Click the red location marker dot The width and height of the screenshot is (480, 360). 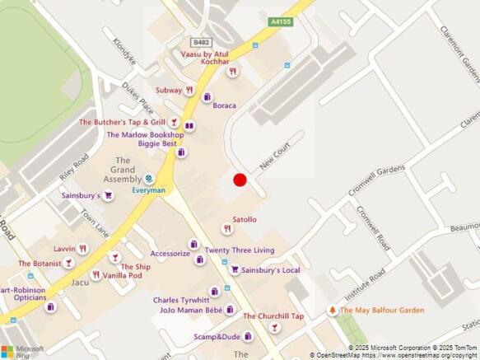click(240, 180)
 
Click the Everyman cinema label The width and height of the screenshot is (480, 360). click(149, 190)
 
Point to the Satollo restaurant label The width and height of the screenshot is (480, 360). click(245, 219)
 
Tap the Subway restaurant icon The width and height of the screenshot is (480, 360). click(190, 90)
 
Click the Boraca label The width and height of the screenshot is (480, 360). click(224, 105)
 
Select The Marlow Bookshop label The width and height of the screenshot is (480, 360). click(145, 134)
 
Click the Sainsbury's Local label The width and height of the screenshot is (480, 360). click(271, 269)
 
